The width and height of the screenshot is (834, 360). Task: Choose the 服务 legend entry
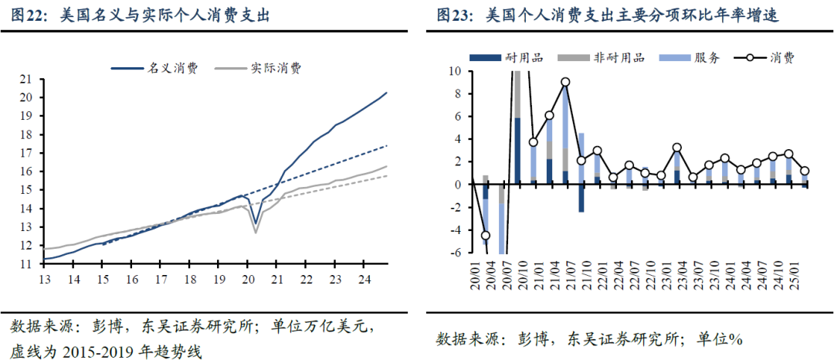707,57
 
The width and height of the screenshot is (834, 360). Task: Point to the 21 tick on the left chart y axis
25,79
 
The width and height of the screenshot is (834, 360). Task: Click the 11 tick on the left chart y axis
25,264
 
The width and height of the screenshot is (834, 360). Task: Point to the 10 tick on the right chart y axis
455,72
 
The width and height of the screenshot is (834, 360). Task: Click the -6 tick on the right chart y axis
455,253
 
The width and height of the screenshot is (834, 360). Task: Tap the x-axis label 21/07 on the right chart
566,282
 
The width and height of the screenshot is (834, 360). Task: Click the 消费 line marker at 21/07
566,82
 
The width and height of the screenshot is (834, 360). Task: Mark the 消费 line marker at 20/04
486,236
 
